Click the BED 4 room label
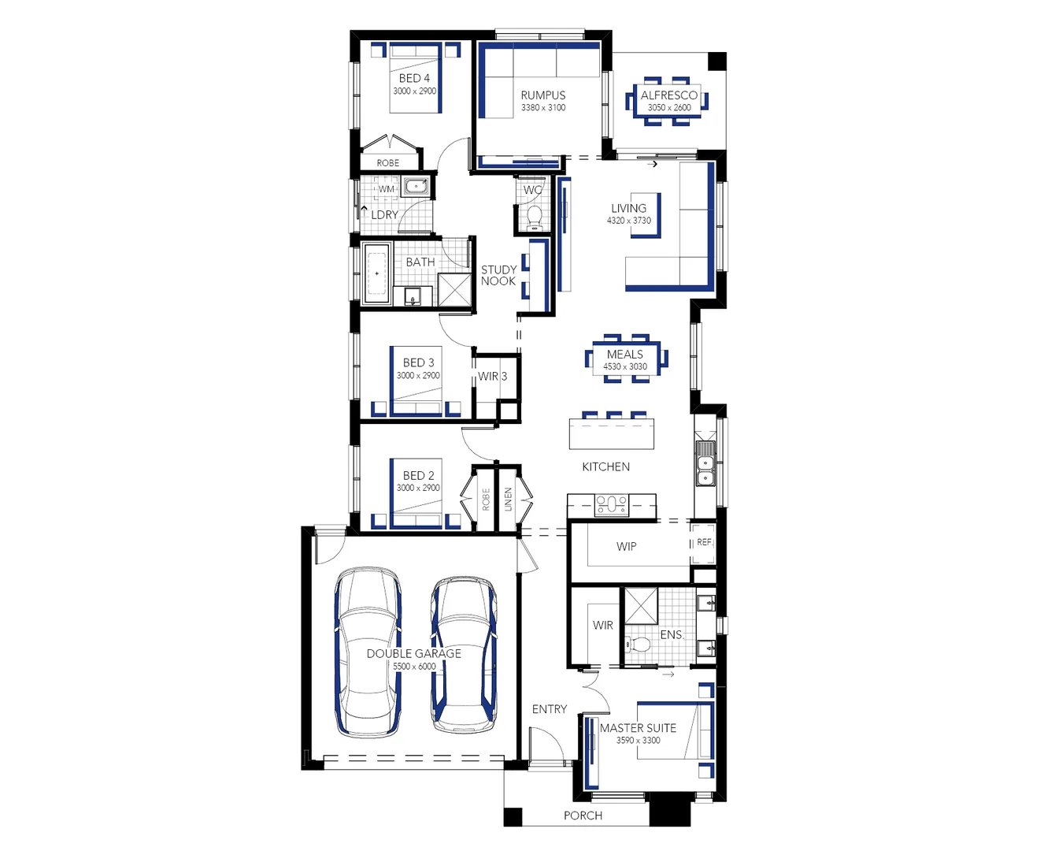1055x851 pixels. pyautogui.click(x=414, y=78)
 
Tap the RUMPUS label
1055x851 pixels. pyautogui.click(x=543, y=95)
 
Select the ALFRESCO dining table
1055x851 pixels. pyautogui.click(x=668, y=102)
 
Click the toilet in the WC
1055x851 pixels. pyautogui.click(x=535, y=215)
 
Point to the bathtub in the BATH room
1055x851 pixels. pyautogui.click(x=376, y=273)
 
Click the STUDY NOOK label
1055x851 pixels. pyautogui.click(x=498, y=275)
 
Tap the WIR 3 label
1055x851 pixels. pyautogui.click(x=492, y=377)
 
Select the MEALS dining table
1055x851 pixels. pyautogui.click(x=625, y=359)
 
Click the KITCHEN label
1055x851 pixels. pyautogui.click(x=605, y=466)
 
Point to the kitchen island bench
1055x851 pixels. pyautogui.click(x=612, y=434)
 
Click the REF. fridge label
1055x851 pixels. pyautogui.click(x=705, y=542)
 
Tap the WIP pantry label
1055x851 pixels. pyautogui.click(x=627, y=546)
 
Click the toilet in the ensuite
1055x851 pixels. pyautogui.click(x=639, y=645)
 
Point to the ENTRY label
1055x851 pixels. pyautogui.click(x=549, y=709)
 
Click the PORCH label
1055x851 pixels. pyautogui.click(x=583, y=816)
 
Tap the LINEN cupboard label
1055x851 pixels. pyautogui.click(x=508, y=500)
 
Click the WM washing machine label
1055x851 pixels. pyautogui.click(x=387, y=189)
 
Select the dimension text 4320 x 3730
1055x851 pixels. pyautogui.click(x=628, y=221)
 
